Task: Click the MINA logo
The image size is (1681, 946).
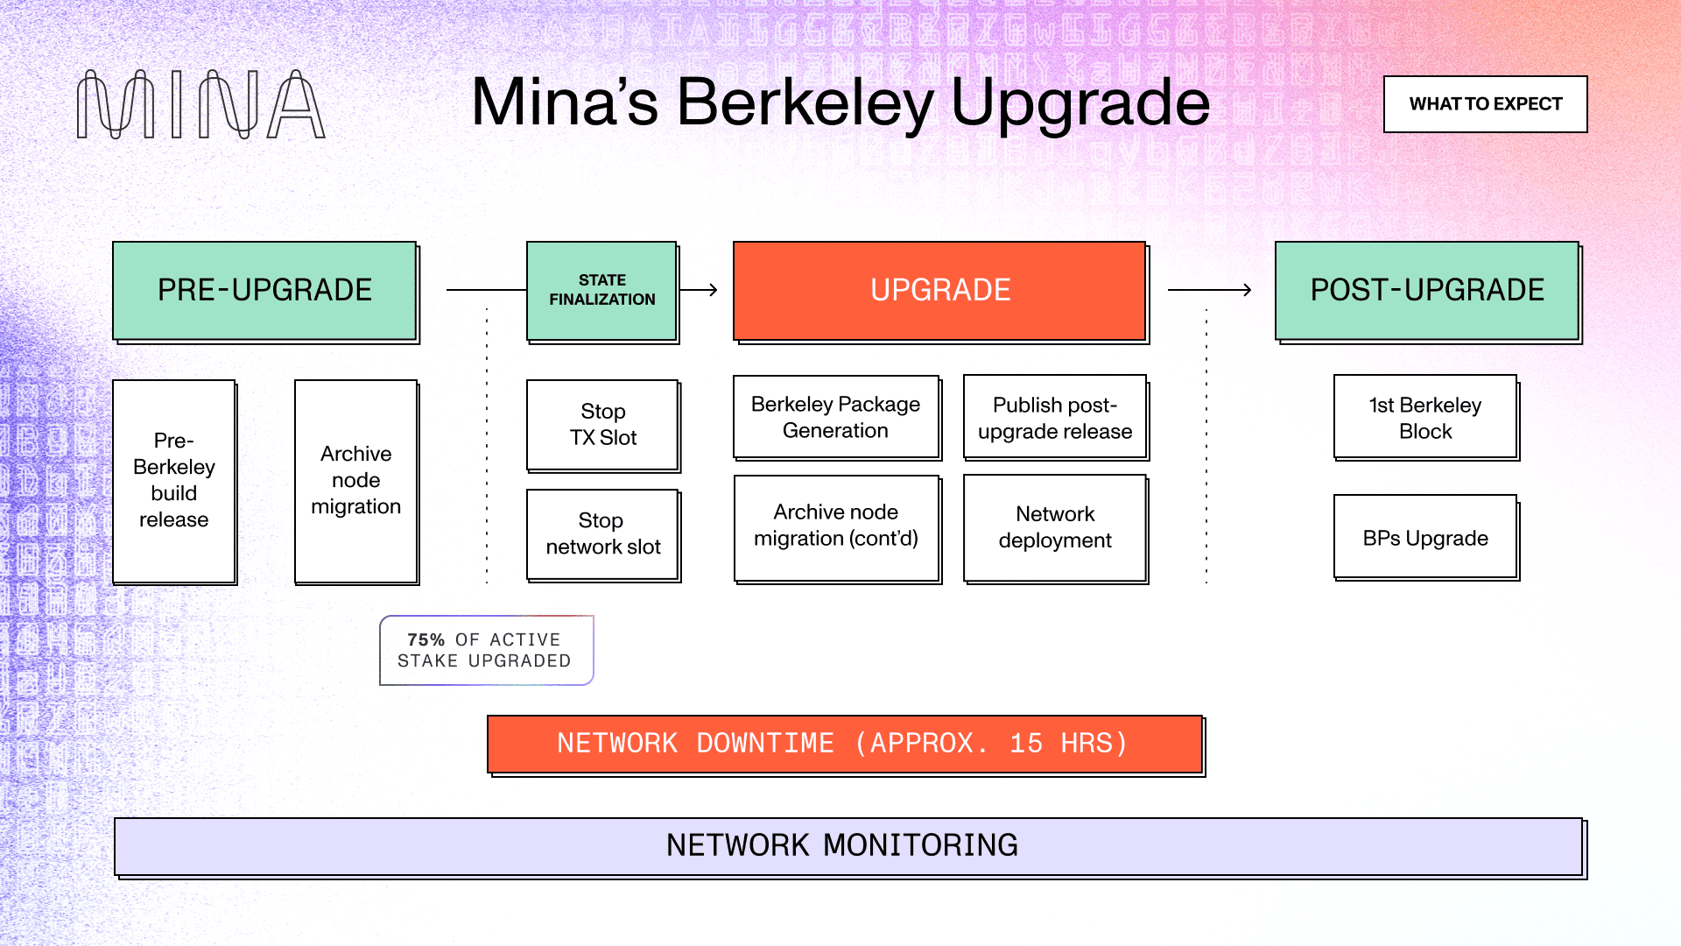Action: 200,105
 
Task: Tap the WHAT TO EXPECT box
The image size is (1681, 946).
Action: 1485,104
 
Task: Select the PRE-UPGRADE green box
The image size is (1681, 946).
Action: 264,291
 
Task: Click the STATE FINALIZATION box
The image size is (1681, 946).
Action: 601,291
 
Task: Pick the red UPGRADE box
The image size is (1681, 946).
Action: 939,291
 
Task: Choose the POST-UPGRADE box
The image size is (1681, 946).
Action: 1426,291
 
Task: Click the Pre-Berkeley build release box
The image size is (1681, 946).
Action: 174,481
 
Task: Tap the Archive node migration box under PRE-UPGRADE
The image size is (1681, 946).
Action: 355,481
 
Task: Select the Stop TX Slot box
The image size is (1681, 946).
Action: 602,425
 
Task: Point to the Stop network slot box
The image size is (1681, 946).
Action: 602,534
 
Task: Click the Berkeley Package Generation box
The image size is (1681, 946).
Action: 835,418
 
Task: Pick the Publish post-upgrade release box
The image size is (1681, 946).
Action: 1054,418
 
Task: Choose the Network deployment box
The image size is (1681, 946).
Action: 1054,527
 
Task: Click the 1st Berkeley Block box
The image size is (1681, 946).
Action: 1424,418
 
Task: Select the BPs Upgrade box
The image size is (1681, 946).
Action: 1424,537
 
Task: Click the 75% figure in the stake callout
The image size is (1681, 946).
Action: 426,640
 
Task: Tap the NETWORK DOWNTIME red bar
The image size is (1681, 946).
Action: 844,744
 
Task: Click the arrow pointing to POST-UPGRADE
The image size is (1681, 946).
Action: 1209,290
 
